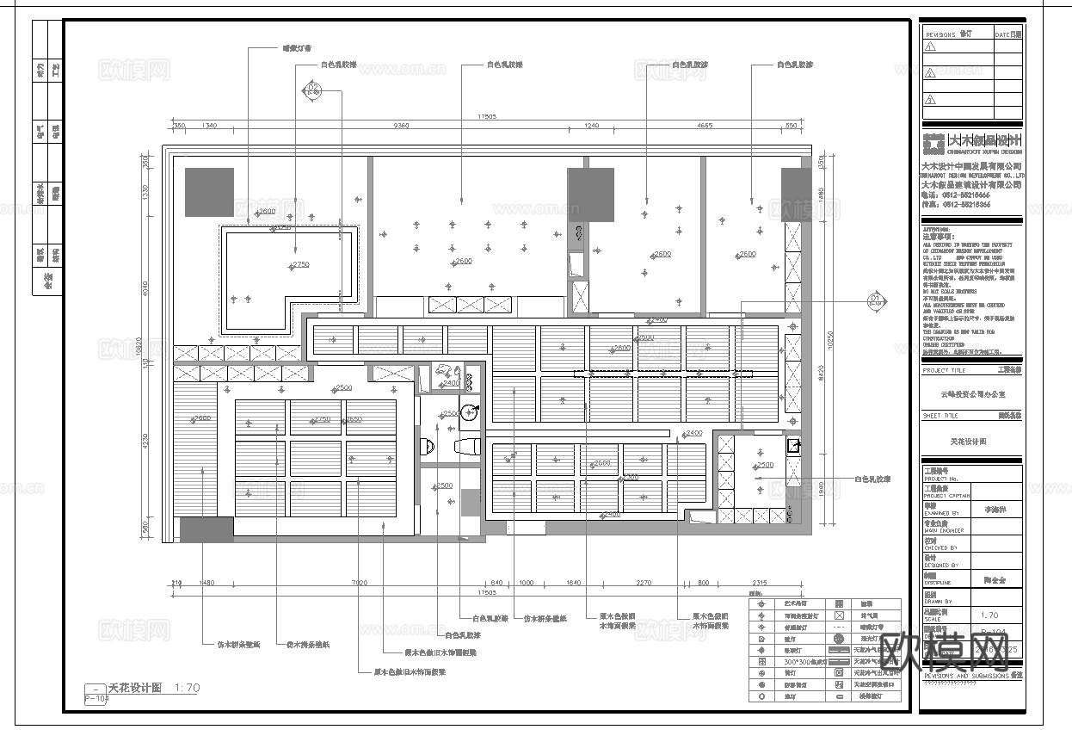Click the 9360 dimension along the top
pyautogui.click(x=401, y=127)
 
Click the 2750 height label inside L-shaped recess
pyautogui.click(x=300, y=264)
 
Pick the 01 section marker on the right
pyautogui.click(x=876, y=301)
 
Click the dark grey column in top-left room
pyautogui.click(x=209, y=192)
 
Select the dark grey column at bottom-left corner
pyautogui.click(x=206, y=529)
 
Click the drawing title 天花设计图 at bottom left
pyautogui.click(x=134, y=688)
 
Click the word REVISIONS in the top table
pyautogui.click(x=940, y=34)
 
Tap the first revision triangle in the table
pyautogui.click(x=930, y=48)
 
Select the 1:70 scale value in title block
pyautogui.click(x=989, y=615)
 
